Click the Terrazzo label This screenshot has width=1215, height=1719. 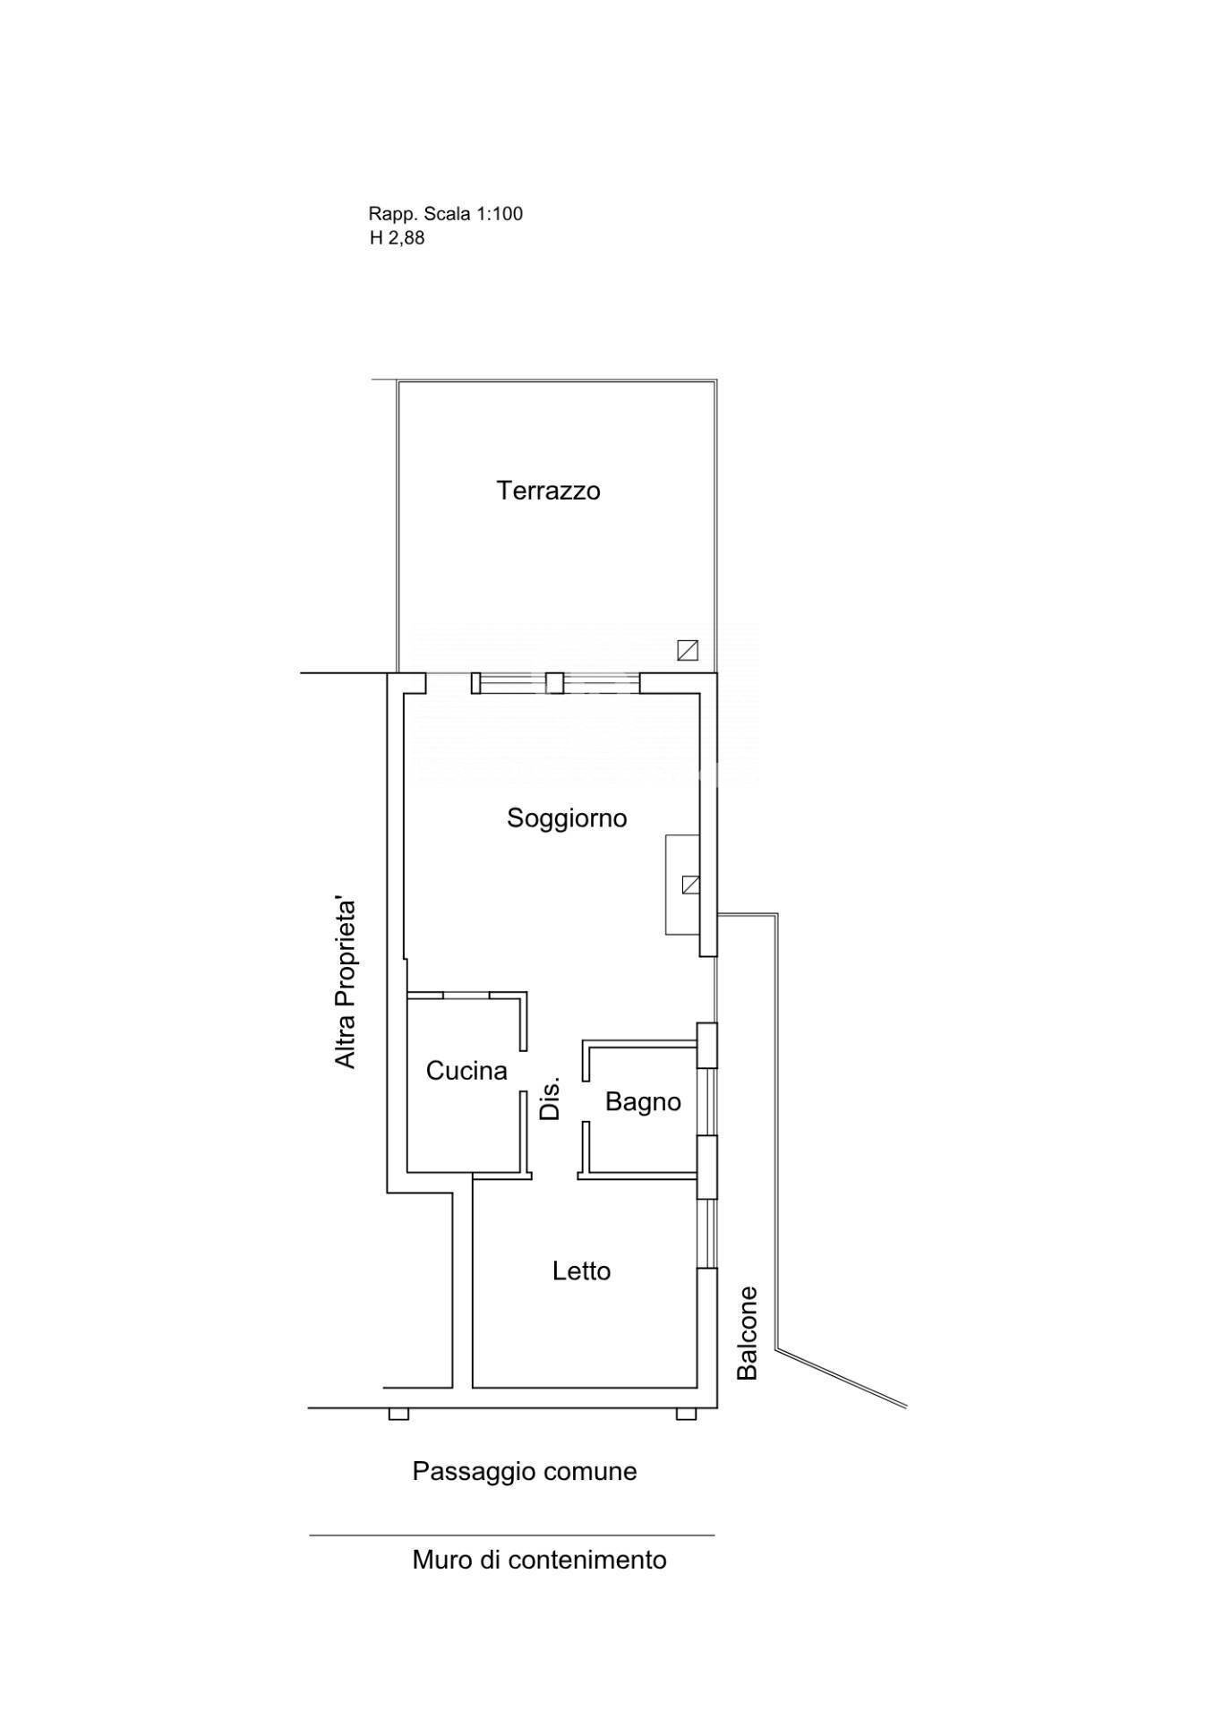pos(548,491)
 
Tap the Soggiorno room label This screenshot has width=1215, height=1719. pos(567,818)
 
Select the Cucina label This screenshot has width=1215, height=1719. pos(466,1071)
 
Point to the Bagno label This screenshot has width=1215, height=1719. pos(643,1102)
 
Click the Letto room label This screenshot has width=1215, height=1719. pos(581,1271)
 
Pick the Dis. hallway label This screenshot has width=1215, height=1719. pos(550,1098)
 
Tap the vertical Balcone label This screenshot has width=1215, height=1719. pos(747,1333)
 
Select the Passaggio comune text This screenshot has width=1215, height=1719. pos(525,1471)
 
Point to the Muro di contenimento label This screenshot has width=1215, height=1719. pos(539,1560)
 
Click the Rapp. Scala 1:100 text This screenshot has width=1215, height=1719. pos(445,214)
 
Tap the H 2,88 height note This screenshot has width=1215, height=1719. pos(397,238)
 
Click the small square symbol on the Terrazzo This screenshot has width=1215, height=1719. pos(688,650)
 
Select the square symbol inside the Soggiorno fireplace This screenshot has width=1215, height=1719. pos(690,885)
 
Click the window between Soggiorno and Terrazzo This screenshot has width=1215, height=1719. pos(556,683)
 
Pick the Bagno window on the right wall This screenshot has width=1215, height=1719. pos(708,1102)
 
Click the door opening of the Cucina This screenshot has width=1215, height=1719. pos(523,1071)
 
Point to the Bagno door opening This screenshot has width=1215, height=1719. pos(586,1100)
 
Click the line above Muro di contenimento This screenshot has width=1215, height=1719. pos(512,1535)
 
